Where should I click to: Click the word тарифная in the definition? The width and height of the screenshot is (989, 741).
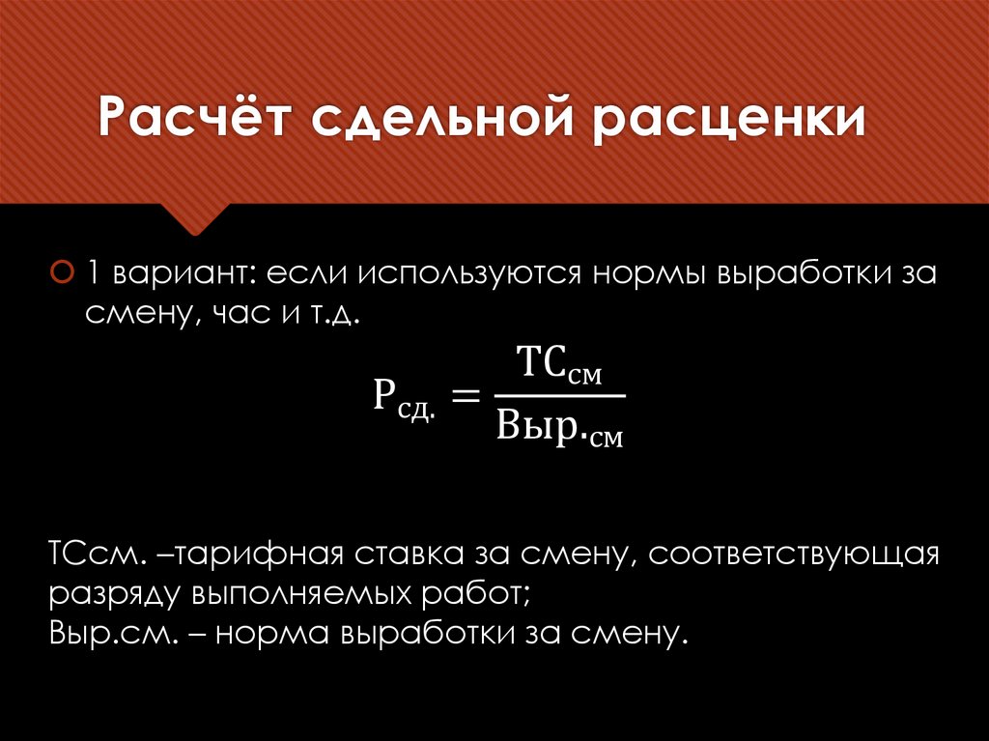point(254,557)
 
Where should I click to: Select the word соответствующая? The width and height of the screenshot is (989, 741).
point(794,557)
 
